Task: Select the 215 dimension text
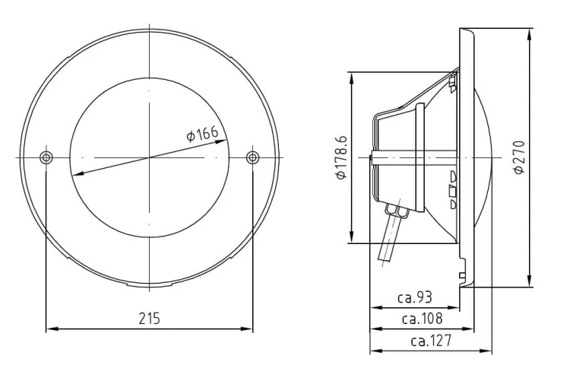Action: [x=149, y=317]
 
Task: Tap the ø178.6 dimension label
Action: [x=340, y=158]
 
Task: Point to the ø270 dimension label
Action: [x=519, y=157]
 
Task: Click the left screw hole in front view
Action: [x=46, y=157]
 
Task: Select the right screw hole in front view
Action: [x=253, y=157]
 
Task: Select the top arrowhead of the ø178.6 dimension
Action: [x=352, y=77]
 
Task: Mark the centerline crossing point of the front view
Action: [x=150, y=157]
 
